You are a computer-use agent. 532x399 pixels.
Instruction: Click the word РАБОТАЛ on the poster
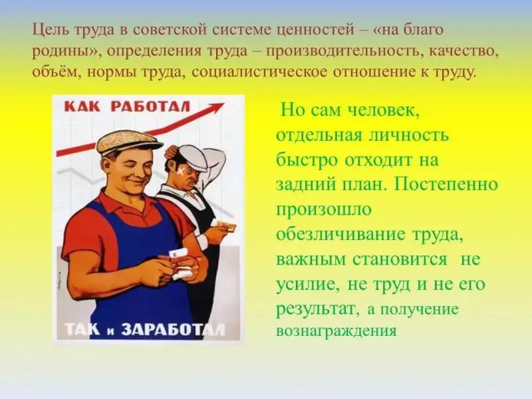click(x=151, y=106)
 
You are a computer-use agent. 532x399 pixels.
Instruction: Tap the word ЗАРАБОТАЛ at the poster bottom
click(x=173, y=329)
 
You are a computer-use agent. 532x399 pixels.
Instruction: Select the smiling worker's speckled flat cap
click(x=129, y=142)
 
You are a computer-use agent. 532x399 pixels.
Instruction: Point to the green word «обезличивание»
click(x=340, y=235)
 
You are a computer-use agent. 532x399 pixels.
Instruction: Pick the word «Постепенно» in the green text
click(x=446, y=185)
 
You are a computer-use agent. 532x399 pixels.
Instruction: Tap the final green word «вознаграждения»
click(x=336, y=331)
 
